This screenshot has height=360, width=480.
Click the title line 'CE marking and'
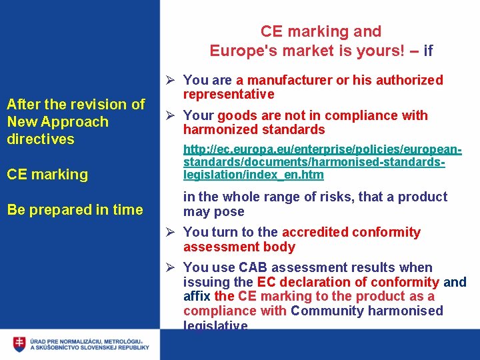point(321,31)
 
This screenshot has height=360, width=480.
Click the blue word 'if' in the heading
point(428,50)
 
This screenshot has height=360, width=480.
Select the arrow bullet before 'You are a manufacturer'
point(171,80)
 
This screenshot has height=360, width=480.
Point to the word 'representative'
point(229,94)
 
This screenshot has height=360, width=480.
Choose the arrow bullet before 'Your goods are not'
point(171,115)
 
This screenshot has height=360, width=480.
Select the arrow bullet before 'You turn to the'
point(171,232)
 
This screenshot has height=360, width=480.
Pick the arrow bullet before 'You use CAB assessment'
point(171,267)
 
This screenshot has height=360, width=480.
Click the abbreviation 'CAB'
point(253,267)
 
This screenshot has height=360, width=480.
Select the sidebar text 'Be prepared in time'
point(75,209)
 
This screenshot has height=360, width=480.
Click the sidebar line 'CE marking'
point(47,174)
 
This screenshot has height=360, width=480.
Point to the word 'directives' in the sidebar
point(41,139)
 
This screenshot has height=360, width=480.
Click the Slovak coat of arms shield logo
point(19,344)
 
